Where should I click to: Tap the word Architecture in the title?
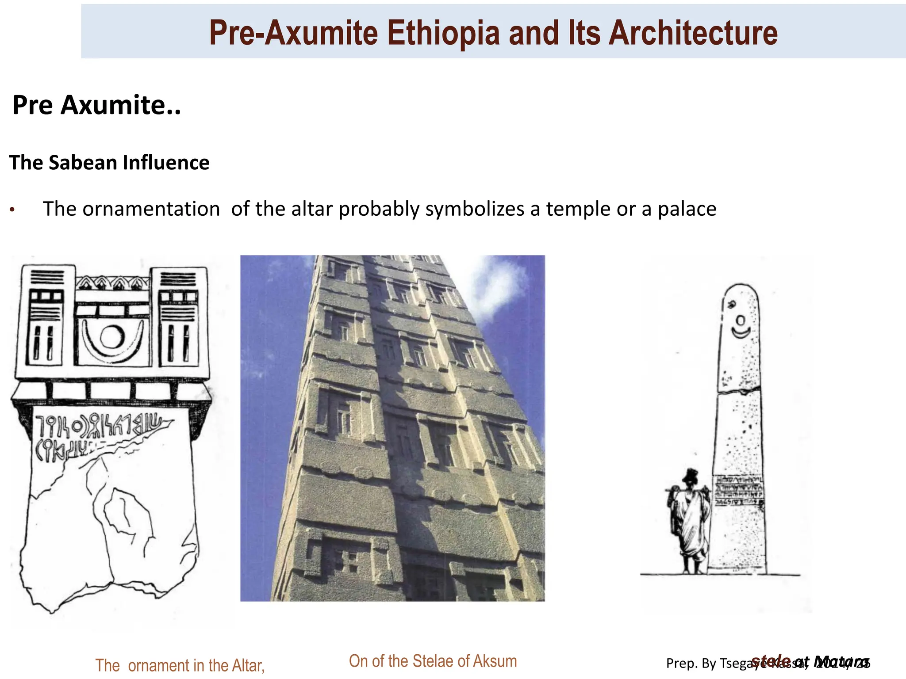[x=693, y=33]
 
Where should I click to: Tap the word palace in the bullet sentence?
[x=687, y=209]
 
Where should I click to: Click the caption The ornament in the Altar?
[x=180, y=665]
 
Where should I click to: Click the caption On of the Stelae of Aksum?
[x=433, y=661]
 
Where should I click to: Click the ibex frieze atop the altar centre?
[x=112, y=283]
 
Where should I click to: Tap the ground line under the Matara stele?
[x=721, y=575]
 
